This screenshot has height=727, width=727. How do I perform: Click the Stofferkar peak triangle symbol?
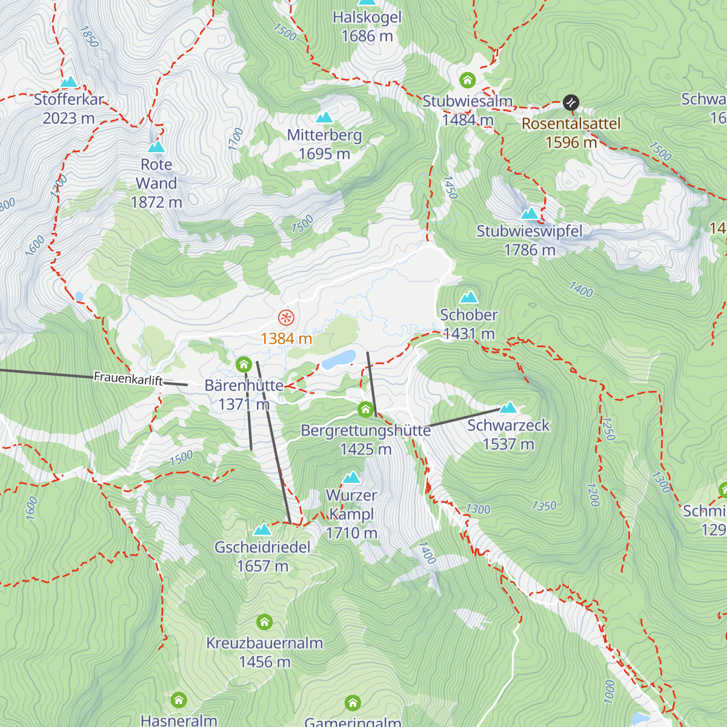[69, 82]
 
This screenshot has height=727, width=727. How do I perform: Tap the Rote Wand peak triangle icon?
[156, 147]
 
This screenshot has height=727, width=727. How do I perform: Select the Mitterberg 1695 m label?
[324, 144]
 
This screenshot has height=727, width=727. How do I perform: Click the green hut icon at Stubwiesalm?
[467, 80]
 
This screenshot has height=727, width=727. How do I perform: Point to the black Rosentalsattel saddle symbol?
[571, 102]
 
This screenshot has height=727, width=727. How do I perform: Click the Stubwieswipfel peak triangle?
[529, 213]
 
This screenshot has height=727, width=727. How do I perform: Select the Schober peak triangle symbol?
[469, 297]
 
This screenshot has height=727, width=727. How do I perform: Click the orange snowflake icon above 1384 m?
[286, 317]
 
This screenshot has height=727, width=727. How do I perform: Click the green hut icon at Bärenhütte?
[244, 364]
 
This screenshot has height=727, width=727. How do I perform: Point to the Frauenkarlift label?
[128, 379]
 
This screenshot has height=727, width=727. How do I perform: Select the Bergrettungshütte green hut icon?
[365, 410]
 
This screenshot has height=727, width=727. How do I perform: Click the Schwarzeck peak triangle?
[508, 407]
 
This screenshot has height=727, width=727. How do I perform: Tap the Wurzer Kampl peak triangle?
[351, 477]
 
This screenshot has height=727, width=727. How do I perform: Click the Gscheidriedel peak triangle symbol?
[262, 529]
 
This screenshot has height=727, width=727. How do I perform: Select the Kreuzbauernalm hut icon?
[264, 622]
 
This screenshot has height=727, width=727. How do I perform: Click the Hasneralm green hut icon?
[179, 700]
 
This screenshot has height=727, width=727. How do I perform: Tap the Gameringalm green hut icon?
[353, 703]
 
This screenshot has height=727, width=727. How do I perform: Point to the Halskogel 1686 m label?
[367, 27]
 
